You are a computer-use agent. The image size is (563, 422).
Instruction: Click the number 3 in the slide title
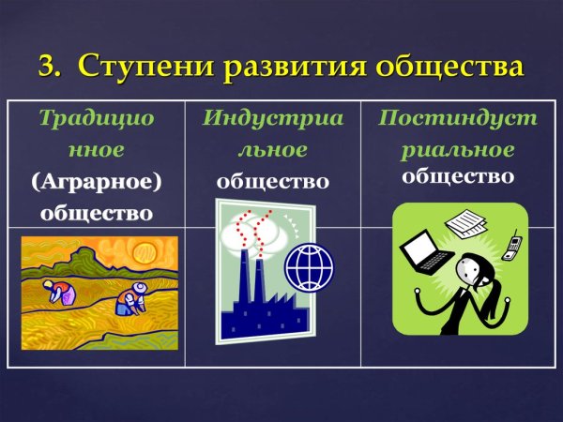(x=47, y=67)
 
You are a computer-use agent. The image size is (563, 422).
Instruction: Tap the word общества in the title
(x=442, y=67)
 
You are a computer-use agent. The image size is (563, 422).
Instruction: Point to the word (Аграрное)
(x=97, y=181)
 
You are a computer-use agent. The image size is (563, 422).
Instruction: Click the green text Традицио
(x=97, y=118)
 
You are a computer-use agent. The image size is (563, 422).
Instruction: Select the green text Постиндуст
(x=458, y=118)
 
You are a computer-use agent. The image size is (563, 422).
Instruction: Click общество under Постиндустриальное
(x=458, y=176)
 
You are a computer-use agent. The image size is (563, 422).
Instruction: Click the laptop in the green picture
(x=422, y=250)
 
